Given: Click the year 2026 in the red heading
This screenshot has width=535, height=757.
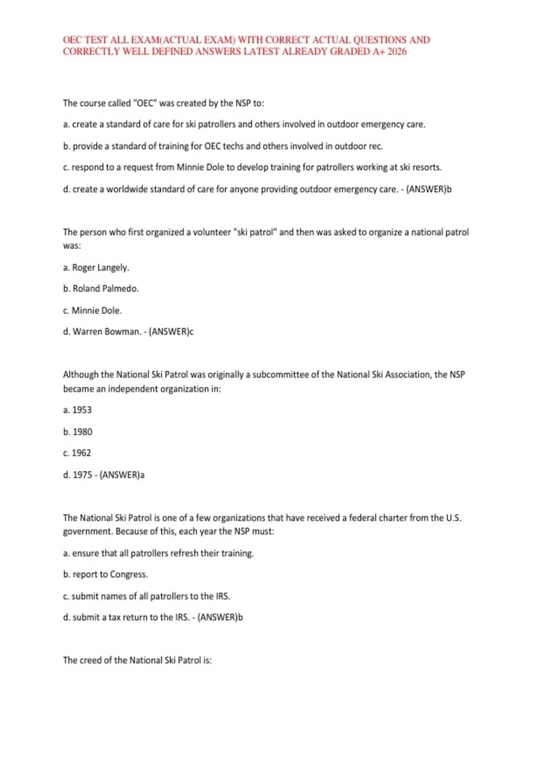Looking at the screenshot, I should coord(397,51).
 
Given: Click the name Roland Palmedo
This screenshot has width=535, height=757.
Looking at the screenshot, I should coord(106,289).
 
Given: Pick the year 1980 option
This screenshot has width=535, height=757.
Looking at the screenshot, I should coord(82,432).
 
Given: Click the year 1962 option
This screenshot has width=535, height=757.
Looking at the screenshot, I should coord(81,453).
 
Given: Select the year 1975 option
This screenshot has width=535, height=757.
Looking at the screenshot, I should coord(82,475).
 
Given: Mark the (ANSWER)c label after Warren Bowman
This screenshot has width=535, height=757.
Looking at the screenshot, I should coord(171,332).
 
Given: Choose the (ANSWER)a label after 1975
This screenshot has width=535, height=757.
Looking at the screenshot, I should coord(122,475).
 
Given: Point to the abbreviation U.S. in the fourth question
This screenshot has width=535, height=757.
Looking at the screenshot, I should coord(453,518).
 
